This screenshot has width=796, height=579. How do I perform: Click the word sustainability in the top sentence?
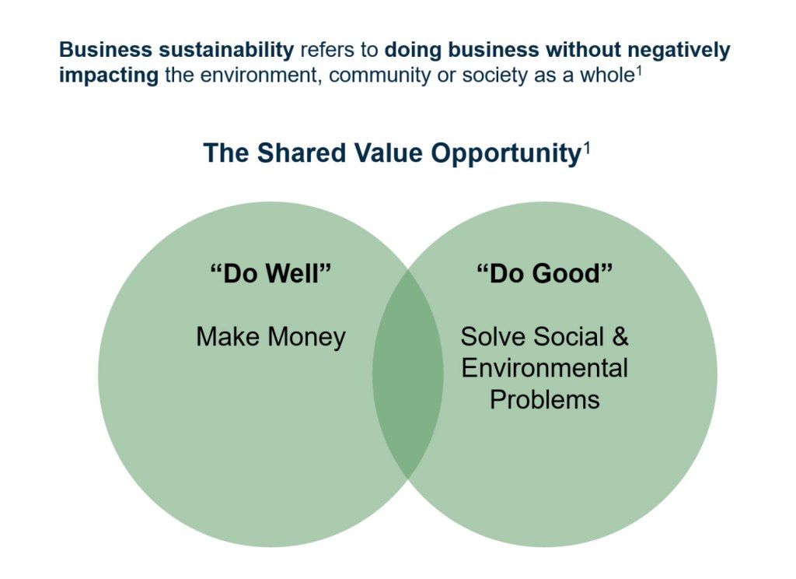226,51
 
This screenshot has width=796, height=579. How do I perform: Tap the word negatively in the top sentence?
679,51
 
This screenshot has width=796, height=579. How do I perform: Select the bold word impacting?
109,75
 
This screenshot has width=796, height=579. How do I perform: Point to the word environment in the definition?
260,75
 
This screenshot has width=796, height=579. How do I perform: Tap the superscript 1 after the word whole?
639,71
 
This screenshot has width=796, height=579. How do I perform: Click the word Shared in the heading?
302,153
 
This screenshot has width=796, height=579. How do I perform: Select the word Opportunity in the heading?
505,153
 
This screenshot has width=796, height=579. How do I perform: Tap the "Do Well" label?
271,273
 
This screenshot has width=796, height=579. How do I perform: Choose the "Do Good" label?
544,273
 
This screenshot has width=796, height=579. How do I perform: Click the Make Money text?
271,336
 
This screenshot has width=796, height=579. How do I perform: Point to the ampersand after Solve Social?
620,336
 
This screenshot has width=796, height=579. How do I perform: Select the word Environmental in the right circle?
545,368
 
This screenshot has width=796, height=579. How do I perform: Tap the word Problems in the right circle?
545,399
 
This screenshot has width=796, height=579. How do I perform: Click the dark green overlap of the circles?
407,374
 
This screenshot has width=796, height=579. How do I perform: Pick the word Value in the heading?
388,153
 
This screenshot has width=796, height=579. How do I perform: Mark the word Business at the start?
106,51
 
